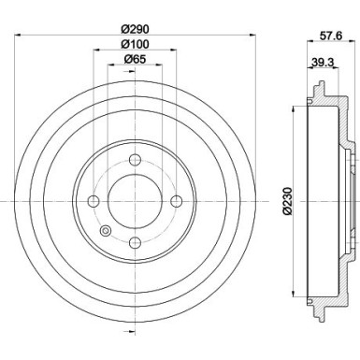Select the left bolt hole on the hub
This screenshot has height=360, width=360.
pos(93,201)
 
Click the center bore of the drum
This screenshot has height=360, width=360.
pos(136,201)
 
